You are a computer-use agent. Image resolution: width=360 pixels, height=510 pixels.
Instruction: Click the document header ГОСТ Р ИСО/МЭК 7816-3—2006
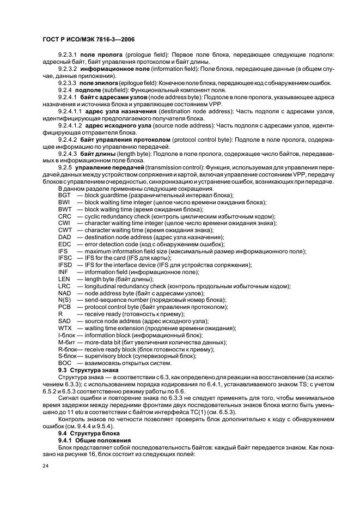(x=89, y=40)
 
